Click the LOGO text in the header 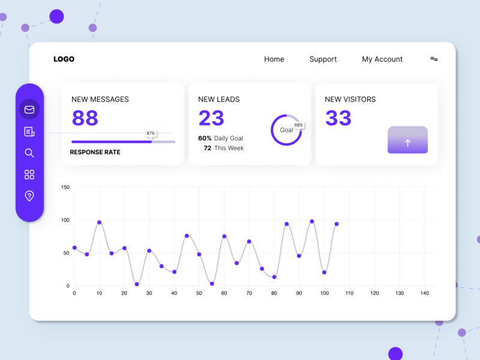pos(64,59)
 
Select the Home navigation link pos(274,59)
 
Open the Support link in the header pos(323,59)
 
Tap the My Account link pos(382,59)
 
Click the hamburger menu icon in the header pos(434,59)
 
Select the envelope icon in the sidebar pos(29,110)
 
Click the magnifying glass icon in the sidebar pos(29,153)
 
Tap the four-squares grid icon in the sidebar pos(29,175)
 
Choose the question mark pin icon pos(29,196)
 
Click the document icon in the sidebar pos(29,131)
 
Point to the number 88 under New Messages pos(85,118)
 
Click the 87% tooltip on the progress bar pos(151,133)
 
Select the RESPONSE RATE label pos(95,152)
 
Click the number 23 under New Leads pos(211,118)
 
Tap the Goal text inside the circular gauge pos(286,130)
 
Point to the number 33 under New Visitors pos(338,118)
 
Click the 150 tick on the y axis pos(65,187)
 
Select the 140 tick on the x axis pos(424,293)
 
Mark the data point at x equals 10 pos(99,223)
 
